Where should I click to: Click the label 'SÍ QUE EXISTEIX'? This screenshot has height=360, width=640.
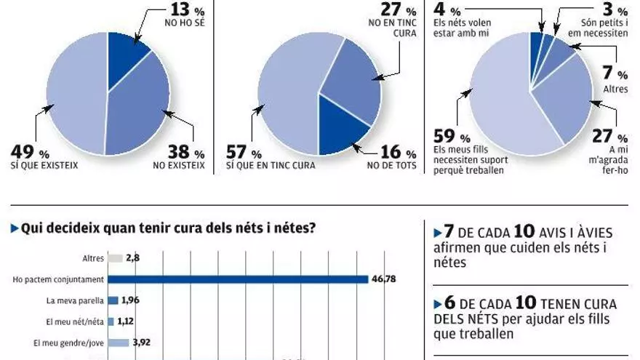pos(44,167)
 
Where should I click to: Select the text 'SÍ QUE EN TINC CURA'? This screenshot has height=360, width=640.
pos(271,167)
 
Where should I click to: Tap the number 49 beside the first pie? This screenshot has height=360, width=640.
pos(23,153)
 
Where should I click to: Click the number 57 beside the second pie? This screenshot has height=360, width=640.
pos(237,153)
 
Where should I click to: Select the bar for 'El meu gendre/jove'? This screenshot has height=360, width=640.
pos(119,342)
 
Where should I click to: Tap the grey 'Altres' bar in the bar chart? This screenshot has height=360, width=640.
pos(115,258)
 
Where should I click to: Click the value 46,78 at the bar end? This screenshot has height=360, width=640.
pos(384,279)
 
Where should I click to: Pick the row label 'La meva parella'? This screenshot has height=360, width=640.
pos(73,300)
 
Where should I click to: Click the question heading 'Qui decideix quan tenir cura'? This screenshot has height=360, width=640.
pos(167,228)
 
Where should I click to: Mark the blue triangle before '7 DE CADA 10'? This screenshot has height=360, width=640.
pos(437,233)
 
